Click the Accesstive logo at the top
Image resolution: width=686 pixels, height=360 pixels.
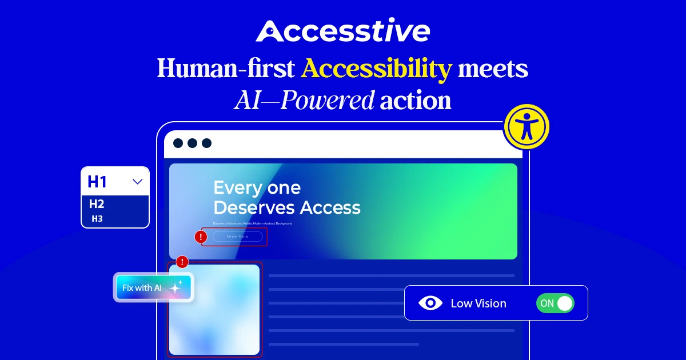click(342, 31)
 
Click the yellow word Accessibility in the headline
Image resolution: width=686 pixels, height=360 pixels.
click(377, 69)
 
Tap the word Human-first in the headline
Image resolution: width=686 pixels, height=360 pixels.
click(226, 69)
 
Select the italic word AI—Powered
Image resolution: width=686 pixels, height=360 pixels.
click(304, 101)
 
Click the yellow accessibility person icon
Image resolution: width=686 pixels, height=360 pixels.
click(526, 127)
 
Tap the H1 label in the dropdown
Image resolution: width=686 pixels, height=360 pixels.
click(97, 182)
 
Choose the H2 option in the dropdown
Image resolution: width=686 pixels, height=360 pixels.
click(97, 204)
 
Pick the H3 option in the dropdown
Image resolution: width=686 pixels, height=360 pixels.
click(97, 218)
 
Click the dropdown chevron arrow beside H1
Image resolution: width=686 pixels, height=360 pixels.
click(137, 182)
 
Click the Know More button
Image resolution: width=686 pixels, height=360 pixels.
click(237, 237)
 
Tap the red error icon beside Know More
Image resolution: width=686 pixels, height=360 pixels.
click(201, 237)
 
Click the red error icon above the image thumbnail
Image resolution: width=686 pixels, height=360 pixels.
click(182, 262)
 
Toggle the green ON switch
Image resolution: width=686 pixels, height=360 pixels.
click(555, 303)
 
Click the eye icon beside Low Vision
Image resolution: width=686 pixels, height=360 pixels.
click(430, 303)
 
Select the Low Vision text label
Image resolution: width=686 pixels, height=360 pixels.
click(478, 303)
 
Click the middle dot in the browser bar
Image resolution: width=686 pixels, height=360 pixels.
click(192, 143)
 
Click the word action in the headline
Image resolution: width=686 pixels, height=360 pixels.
click(416, 101)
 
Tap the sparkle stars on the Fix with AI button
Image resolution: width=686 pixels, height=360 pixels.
click(176, 287)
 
